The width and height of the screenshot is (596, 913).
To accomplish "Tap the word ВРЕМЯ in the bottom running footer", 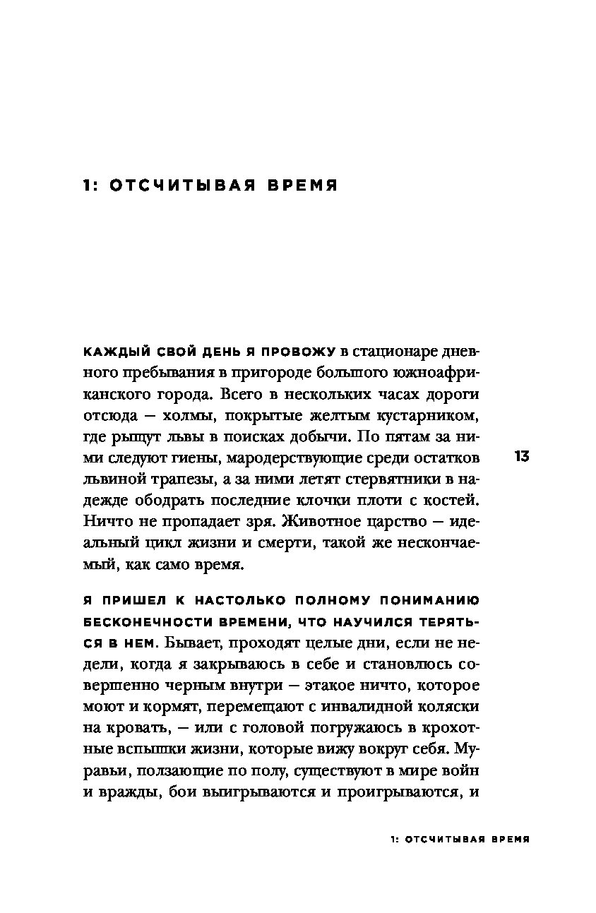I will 508,841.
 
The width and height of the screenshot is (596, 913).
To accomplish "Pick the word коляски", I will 447,706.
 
